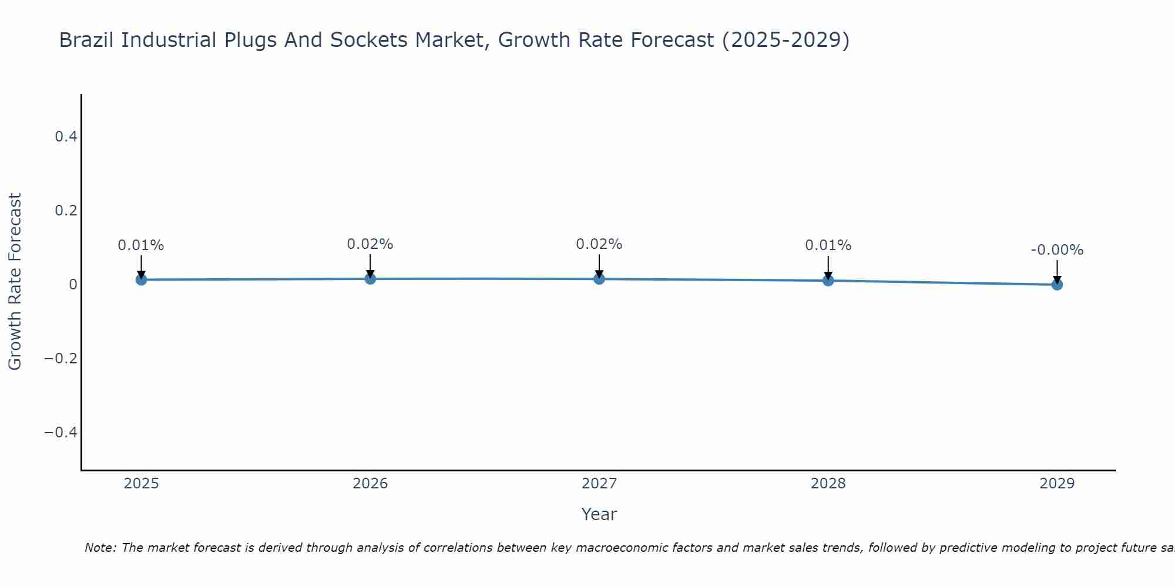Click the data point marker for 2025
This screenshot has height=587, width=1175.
tap(141, 279)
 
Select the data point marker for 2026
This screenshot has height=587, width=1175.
tap(370, 278)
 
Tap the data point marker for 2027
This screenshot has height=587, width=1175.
tap(599, 278)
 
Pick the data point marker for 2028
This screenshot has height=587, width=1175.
tap(828, 281)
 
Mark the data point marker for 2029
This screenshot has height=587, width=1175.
tap(1057, 285)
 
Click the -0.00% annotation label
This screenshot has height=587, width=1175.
tap(1057, 250)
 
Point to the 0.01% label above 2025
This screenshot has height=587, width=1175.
tap(141, 245)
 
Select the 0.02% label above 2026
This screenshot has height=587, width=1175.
tap(370, 244)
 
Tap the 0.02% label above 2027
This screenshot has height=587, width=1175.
tap(599, 244)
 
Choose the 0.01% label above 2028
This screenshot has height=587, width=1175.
tap(828, 245)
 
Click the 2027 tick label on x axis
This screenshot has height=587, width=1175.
tap(599, 484)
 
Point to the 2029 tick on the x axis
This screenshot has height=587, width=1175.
tap(1057, 484)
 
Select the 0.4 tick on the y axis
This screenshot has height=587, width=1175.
tap(66, 137)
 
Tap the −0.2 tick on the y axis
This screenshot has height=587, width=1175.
tap(61, 359)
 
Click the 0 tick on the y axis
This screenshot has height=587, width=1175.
tap(73, 285)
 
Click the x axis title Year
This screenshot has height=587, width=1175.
tap(599, 514)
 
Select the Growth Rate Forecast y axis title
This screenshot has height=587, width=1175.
tap(15, 282)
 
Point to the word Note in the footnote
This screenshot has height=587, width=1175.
tap(100, 548)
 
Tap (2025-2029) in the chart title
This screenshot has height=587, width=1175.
tap(785, 41)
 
